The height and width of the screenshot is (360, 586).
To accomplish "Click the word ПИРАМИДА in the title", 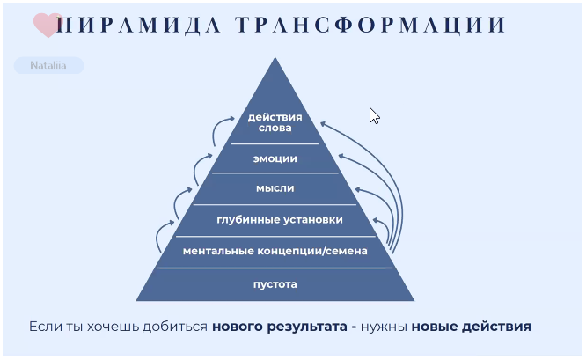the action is pyautogui.click(x=139, y=25).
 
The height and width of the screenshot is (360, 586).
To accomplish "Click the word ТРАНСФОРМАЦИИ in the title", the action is pyautogui.click(x=370, y=25).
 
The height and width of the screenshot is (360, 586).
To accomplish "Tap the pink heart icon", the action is pyautogui.click(x=48, y=25).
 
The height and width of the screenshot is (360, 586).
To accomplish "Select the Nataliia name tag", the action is pyautogui.click(x=48, y=65).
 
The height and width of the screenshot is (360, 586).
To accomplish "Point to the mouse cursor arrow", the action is pyautogui.click(x=374, y=116).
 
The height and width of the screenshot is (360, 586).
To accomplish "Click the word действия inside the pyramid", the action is pyautogui.click(x=275, y=117).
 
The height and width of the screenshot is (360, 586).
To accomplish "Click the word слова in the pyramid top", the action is pyautogui.click(x=275, y=128).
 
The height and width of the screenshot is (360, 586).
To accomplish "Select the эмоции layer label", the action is pyautogui.click(x=275, y=158).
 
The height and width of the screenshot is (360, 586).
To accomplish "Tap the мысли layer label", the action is pyautogui.click(x=275, y=188).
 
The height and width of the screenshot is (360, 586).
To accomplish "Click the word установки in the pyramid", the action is pyautogui.click(x=311, y=220).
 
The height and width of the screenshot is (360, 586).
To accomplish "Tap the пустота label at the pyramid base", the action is pyautogui.click(x=275, y=284).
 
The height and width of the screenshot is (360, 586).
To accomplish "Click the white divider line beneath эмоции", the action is pyautogui.click(x=275, y=173).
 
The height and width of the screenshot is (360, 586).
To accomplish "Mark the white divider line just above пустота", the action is pyautogui.click(x=275, y=268).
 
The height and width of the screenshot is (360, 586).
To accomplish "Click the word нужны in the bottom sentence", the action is pyautogui.click(x=384, y=327).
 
